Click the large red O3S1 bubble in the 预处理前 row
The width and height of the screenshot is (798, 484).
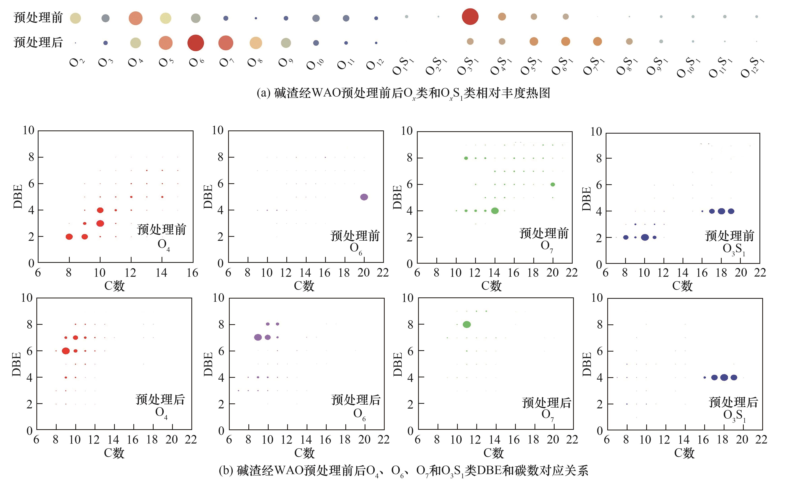point(470,16)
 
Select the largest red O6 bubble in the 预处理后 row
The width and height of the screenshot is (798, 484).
point(196,43)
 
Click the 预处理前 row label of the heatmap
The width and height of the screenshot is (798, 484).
point(38,17)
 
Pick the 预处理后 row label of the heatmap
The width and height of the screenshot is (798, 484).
point(38,42)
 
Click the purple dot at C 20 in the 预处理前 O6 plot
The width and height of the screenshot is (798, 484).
point(364,197)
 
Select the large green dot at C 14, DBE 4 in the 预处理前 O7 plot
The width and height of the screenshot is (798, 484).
point(495,211)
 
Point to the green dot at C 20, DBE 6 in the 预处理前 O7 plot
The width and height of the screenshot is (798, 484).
point(553,184)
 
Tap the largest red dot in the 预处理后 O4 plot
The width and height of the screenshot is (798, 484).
point(66,351)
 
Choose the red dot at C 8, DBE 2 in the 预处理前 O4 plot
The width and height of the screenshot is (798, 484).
point(69,236)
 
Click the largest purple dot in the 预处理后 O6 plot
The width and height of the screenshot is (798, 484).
point(258,337)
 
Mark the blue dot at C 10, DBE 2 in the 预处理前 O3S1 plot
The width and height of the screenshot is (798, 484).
point(645,237)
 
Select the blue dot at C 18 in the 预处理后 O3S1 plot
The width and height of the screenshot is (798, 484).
point(724,377)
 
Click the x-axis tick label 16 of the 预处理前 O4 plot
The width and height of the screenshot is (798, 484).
point(192,273)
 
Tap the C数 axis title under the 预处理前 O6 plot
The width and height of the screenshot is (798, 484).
point(304,286)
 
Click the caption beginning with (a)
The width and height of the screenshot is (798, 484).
point(403,93)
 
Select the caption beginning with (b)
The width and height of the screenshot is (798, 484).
point(403,471)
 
